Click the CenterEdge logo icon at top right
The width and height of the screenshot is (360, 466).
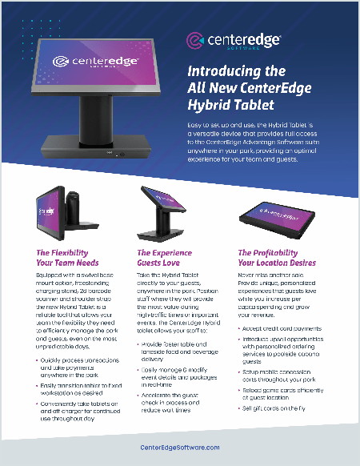[194, 39]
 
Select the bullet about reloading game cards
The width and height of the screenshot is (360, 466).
[281, 392]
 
